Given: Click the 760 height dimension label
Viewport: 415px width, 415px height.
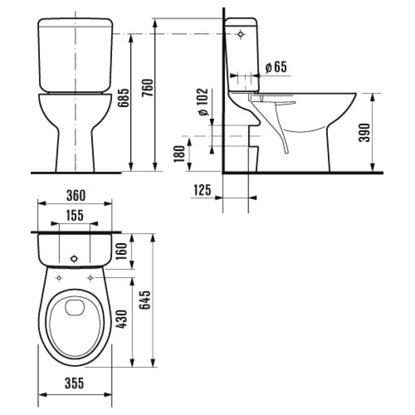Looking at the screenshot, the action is tap(148, 88).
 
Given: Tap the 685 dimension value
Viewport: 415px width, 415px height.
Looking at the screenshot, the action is tap(123, 98).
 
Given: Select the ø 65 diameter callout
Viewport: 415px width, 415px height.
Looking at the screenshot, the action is tap(276, 67).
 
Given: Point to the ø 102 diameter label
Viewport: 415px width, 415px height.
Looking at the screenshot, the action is tap(203, 102).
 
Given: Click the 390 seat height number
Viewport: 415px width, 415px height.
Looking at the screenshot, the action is tap(364, 133).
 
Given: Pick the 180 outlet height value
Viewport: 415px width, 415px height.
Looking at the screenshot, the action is tap(179, 154).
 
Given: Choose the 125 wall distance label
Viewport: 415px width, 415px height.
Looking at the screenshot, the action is tap(202, 190).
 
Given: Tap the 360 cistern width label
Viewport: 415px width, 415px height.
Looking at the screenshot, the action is tap(76, 196).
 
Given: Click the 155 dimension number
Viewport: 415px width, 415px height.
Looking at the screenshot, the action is tap(75, 215).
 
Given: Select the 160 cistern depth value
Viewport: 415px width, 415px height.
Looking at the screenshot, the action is tap(121, 251).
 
